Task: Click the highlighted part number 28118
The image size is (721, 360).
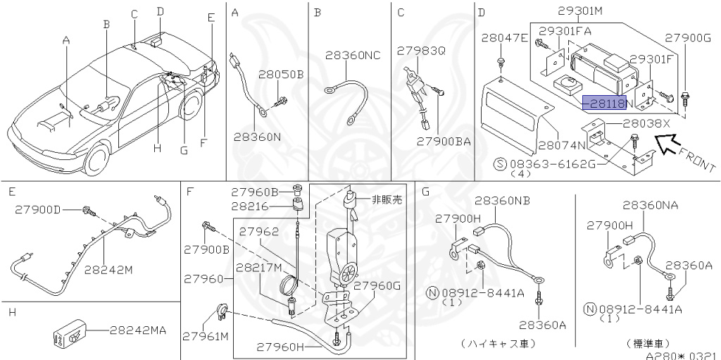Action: tap(604, 103)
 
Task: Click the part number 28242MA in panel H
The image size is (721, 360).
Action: tap(138, 329)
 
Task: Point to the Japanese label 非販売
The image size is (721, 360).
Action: tap(387, 199)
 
